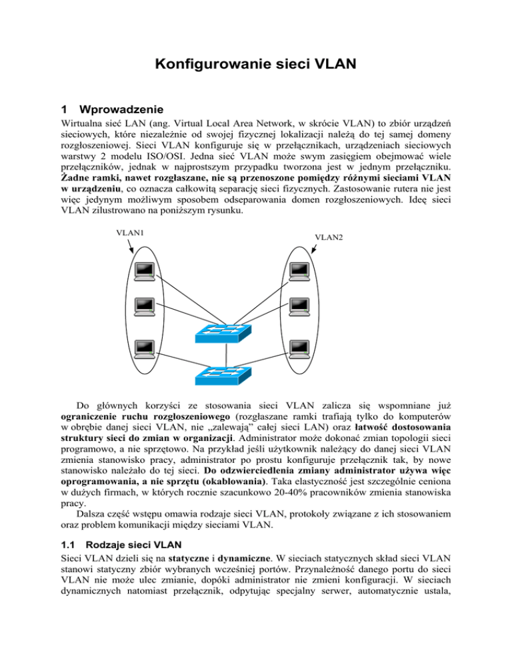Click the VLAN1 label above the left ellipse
tap(131, 232)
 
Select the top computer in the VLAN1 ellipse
tap(145, 270)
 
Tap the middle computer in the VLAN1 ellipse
tap(145, 306)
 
